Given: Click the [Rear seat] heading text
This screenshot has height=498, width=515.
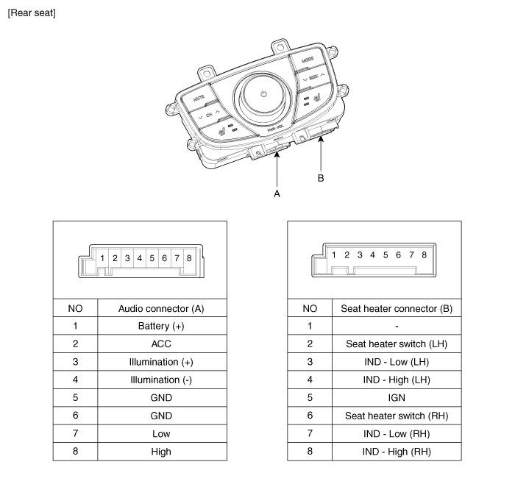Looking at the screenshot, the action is pos(31,13).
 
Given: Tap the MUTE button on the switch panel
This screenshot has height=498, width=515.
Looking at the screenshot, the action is pos(199,96).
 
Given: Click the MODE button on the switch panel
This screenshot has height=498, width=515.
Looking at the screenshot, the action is pos(308,58).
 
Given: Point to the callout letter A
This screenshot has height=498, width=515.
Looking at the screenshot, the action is pos(277,193).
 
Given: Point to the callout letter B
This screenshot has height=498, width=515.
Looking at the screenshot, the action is pos(320,178).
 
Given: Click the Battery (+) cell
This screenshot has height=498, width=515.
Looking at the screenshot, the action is pos(160,326).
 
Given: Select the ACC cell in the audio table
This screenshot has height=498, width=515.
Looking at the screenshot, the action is pos(160,344).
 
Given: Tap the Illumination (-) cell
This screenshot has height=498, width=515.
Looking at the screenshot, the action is pos(160,380).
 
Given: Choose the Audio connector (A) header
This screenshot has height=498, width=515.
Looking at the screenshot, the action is pos(160,308).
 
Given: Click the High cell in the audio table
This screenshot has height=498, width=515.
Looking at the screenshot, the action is pos(160,451).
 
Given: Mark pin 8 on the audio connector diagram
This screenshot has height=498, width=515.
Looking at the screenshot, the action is pos(189,258).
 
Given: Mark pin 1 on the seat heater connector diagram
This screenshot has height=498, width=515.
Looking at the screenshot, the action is pos(334,255).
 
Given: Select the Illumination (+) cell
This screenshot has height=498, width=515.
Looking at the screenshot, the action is pos(160,362).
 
